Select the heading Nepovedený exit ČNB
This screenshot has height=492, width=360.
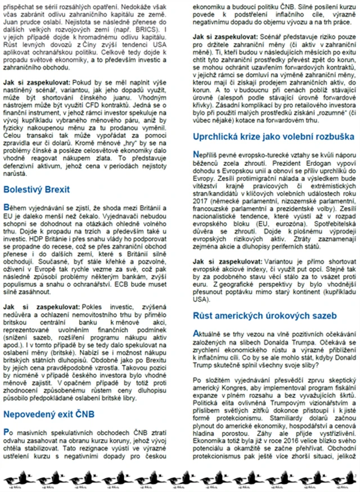(48, 415)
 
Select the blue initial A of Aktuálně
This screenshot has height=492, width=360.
(196, 333)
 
